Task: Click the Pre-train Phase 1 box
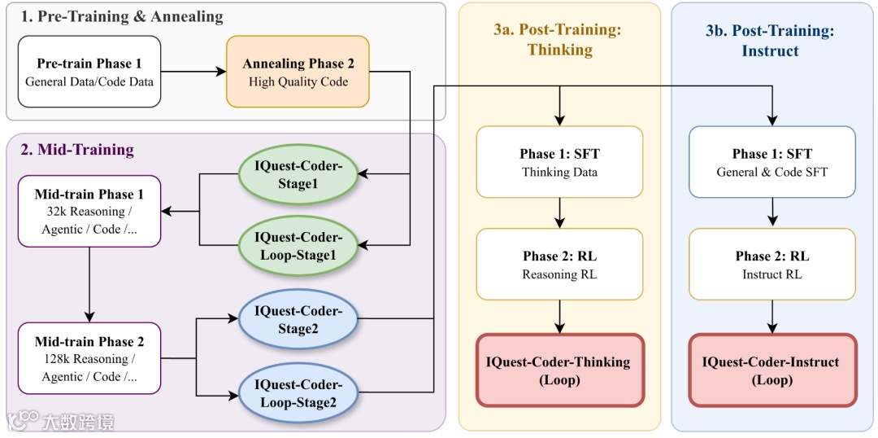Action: pos(89,72)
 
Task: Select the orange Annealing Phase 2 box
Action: pos(298,72)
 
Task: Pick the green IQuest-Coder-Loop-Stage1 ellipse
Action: pos(298,245)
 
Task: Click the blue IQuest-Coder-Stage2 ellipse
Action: pos(298,319)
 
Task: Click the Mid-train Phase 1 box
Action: pos(89,211)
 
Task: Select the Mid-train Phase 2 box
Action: pos(89,358)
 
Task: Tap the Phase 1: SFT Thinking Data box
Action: pos(559,162)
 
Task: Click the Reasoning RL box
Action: pos(559,265)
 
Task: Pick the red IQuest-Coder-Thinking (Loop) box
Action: pos(559,370)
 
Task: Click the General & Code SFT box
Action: pos(772,162)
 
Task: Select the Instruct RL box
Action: pos(772,265)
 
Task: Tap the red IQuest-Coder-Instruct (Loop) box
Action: pos(772,370)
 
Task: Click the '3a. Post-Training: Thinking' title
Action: pos(559,39)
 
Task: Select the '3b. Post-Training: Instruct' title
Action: pos(771,40)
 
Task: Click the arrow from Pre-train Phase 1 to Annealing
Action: pos(193,72)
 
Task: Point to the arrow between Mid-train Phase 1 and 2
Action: pos(89,284)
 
